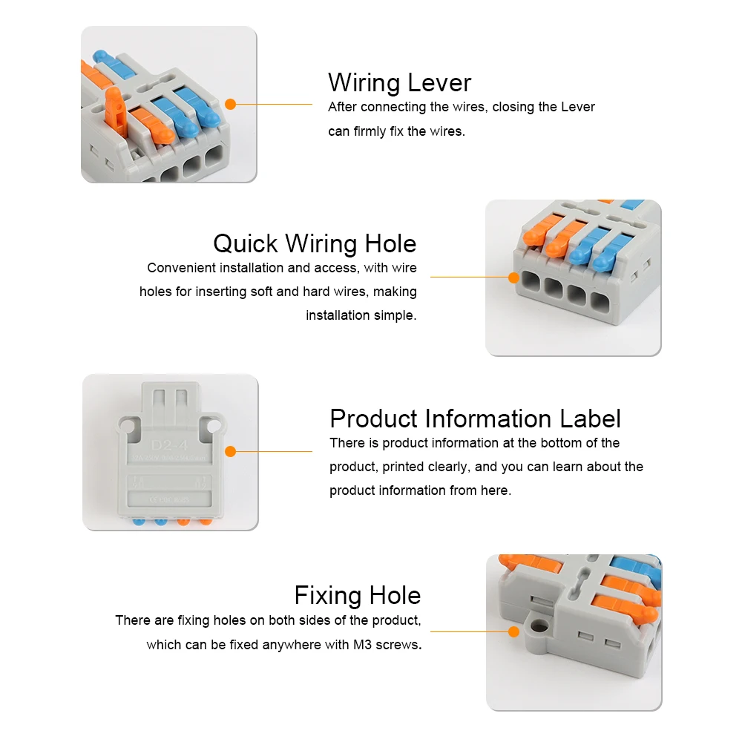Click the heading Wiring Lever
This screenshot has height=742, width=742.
pos(399,82)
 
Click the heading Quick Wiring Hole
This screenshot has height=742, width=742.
pos(315,243)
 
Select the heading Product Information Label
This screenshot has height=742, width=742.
pos(475,418)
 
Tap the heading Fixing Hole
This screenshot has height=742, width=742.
pos(358,595)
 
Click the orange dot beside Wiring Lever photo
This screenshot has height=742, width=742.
pos(230,105)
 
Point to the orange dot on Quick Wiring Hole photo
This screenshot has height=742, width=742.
pos(513,278)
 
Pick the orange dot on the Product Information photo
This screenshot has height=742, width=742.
pos(230,451)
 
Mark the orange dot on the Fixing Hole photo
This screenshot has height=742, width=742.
pos(513,632)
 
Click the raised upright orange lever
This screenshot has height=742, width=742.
pos(116,112)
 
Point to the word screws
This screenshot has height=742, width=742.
pos(399,645)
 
